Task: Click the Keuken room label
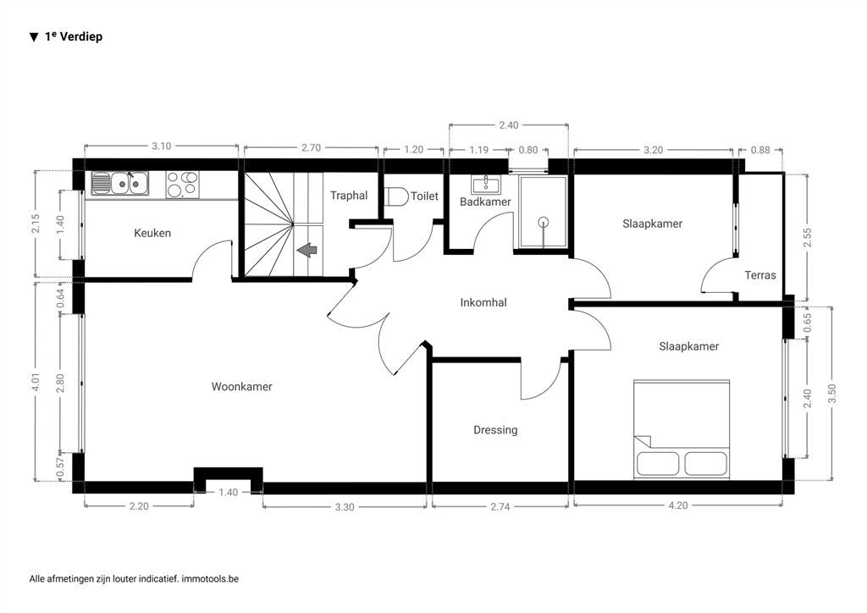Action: pyautogui.click(x=152, y=233)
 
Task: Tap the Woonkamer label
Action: pyautogui.click(x=241, y=386)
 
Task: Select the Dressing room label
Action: pyautogui.click(x=495, y=430)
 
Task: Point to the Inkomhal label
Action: pyautogui.click(x=483, y=302)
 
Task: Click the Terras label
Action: pyautogui.click(x=760, y=274)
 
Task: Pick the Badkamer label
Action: pyautogui.click(x=485, y=202)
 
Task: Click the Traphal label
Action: pyautogui.click(x=349, y=195)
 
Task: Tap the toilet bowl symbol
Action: pyautogui.click(x=396, y=196)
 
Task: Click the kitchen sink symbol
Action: pyautogui.click(x=120, y=184)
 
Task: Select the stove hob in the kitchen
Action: pyautogui.click(x=183, y=185)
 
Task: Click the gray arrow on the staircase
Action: pyautogui.click(x=306, y=250)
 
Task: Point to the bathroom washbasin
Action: pyautogui.click(x=485, y=183)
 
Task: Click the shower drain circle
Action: pyautogui.click(x=544, y=222)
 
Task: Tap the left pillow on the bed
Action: pyautogui.click(x=658, y=463)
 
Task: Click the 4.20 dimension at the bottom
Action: pyautogui.click(x=678, y=505)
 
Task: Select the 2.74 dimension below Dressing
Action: pyautogui.click(x=500, y=506)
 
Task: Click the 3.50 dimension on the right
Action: pyautogui.click(x=833, y=394)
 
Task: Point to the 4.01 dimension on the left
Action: pyautogui.click(x=36, y=381)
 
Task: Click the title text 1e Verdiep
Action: pyautogui.click(x=74, y=36)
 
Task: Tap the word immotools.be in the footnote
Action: pyautogui.click(x=210, y=579)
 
